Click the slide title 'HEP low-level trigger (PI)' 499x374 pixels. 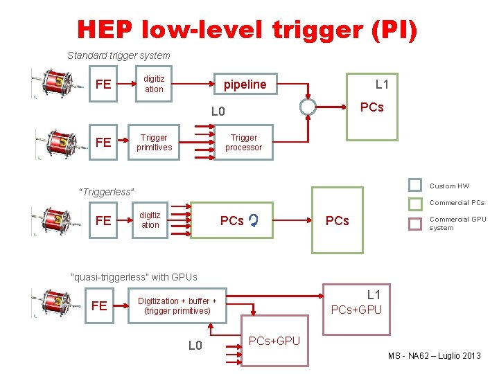(247, 30)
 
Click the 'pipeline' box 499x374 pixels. (245, 84)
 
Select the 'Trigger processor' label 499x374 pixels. (244, 143)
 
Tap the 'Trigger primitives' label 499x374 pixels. (155, 143)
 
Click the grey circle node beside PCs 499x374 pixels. (308, 106)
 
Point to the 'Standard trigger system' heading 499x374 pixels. (119, 55)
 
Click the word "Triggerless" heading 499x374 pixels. (107, 192)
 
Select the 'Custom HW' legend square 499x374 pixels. (414, 185)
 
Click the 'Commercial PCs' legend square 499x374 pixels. (414, 203)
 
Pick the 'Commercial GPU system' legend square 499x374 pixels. (414, 223)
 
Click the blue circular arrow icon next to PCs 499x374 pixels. (254, 221)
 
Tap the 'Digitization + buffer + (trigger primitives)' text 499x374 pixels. (177, 305)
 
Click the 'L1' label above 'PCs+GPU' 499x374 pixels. (374, 295)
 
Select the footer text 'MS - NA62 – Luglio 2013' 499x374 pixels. (435, 356)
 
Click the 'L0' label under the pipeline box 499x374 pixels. (218, 112)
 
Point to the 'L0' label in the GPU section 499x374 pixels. (195, 345)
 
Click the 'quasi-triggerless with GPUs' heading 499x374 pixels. (134, 277)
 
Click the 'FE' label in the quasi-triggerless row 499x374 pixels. (99, 305)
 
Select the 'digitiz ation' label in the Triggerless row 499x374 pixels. (150, 220)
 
